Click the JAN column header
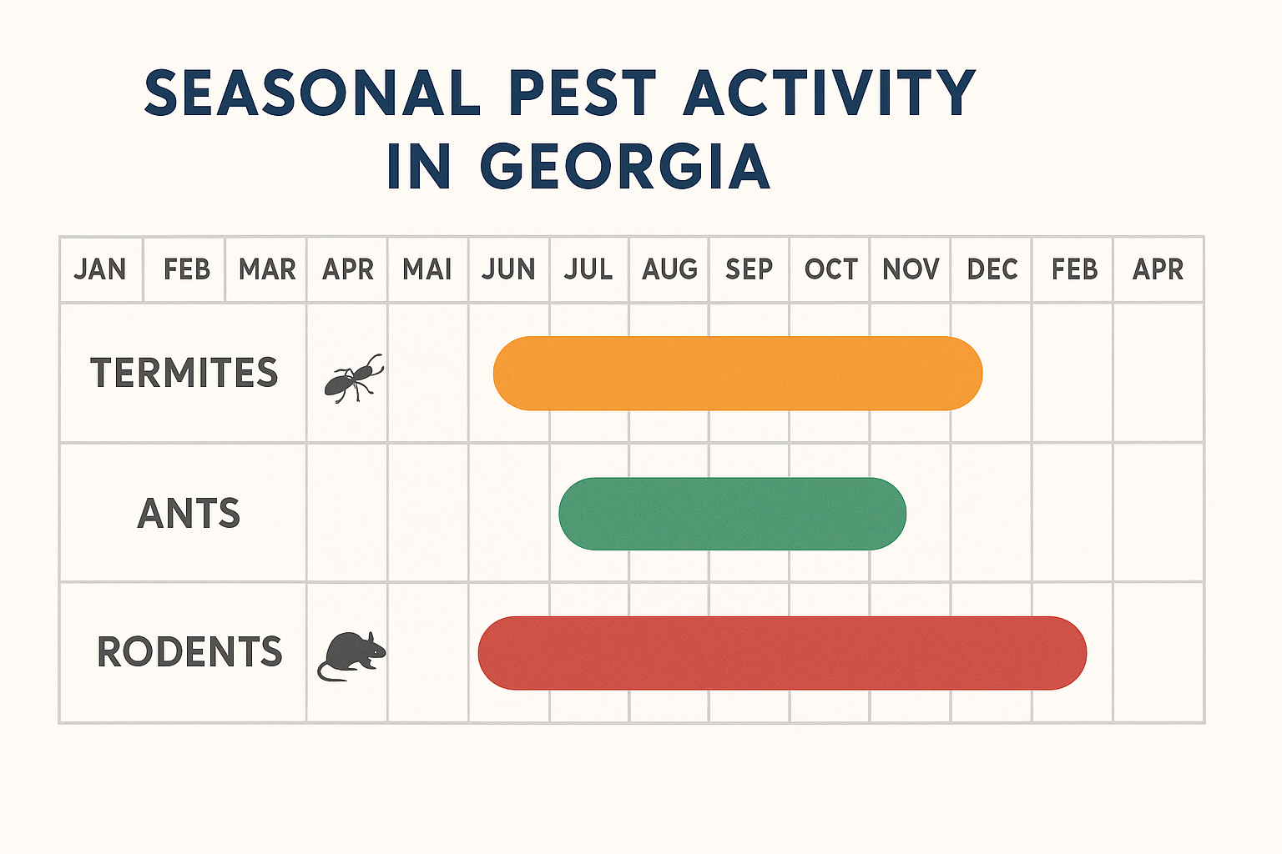click(x=100, y=269)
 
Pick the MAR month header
click(x=267, y=269)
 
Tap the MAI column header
click(x=427, y=269)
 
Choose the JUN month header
click(x=508, y=269)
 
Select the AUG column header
click(x=669, y=269)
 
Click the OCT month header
click(x=830, y=269)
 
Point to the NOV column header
click(x=911, y=269)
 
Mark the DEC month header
click(x=992, y=269)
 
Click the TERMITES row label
click(x=184, y=373)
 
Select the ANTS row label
click(x=189, y=513)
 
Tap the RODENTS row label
click(x=189, y=651)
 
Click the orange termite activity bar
click(x=738, y=373)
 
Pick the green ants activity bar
click(x=732, y=513)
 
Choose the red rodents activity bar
click(x=782, y=653)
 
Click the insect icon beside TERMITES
click(x=353, y=379)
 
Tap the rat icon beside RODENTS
click(x=351, y=656)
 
